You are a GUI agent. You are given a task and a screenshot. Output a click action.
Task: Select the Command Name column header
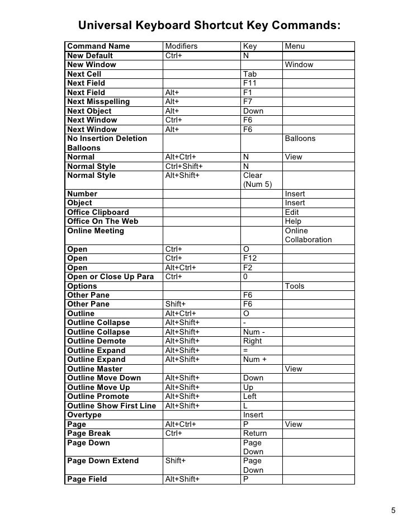(98, 46)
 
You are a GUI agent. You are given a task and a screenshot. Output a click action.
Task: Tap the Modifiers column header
(182, 46)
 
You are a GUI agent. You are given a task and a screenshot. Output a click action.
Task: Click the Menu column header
(295, 46)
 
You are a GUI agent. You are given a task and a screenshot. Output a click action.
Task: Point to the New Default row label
(90, 55)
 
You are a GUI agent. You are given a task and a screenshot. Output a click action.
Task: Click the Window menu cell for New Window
(299, 65)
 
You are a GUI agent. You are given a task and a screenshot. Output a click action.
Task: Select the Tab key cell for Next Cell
(250, 74)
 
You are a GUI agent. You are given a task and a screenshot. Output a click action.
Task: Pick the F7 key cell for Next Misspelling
(249, 102)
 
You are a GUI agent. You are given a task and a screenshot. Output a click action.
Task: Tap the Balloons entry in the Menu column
(300, 138)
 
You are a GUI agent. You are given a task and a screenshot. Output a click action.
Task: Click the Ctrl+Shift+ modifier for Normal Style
(184, 166)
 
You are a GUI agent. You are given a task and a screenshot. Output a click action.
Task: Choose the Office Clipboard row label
(98, 212)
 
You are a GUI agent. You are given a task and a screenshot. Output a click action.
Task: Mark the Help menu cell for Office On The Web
(293, 222)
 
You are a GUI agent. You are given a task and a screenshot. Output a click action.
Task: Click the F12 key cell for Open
(251, 258)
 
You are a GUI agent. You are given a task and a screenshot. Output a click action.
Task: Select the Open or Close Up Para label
(110, 277)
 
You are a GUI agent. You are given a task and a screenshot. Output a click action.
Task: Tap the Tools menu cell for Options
(295, 286)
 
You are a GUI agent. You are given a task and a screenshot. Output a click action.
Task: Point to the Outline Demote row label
(97, 341)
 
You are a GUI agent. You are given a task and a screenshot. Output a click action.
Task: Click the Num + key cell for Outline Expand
(255, 360)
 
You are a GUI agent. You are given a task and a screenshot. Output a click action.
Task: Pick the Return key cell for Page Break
(255, 434)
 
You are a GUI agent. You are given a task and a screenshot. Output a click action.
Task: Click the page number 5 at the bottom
(392, 510)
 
